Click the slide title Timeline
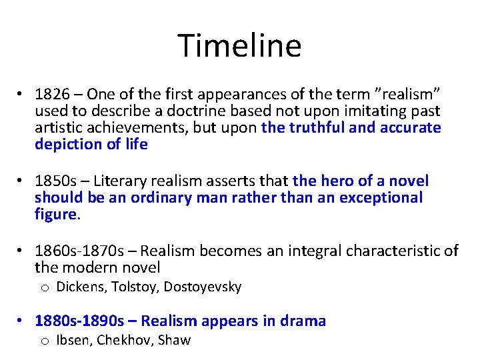(x=239, y=46)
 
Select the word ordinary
(x=159, y=197)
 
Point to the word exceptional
(x=381, y=197)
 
